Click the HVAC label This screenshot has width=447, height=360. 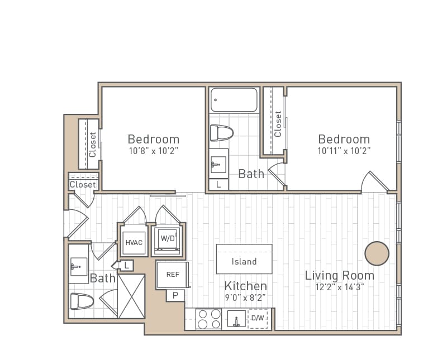click(134, 243)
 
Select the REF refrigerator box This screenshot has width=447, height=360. click(173, 275)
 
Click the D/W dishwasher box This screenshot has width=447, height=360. click(258, 319)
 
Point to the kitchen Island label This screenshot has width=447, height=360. click(244, 261)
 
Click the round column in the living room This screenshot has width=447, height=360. click(377, 253)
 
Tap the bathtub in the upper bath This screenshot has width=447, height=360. click(234, 100)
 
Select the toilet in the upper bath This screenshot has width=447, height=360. click(221, 133)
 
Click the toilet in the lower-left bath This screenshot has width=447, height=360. click(82, 301)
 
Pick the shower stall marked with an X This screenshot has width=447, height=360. click(131, 296)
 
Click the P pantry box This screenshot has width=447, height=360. click(175, 295)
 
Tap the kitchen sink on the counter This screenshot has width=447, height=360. click(236, 319)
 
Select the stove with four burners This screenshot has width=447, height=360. click(209, 319)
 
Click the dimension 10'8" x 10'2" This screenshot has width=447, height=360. click(153, 151)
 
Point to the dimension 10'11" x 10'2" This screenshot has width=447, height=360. click(344, 151)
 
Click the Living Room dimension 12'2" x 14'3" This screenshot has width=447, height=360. click(339, 287)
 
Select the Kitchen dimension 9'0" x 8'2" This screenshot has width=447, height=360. click(245, 298)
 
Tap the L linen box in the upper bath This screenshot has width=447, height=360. click(218, 184)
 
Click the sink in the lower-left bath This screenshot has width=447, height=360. click(78, 267)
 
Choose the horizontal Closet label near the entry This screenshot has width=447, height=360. click(83, 185)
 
